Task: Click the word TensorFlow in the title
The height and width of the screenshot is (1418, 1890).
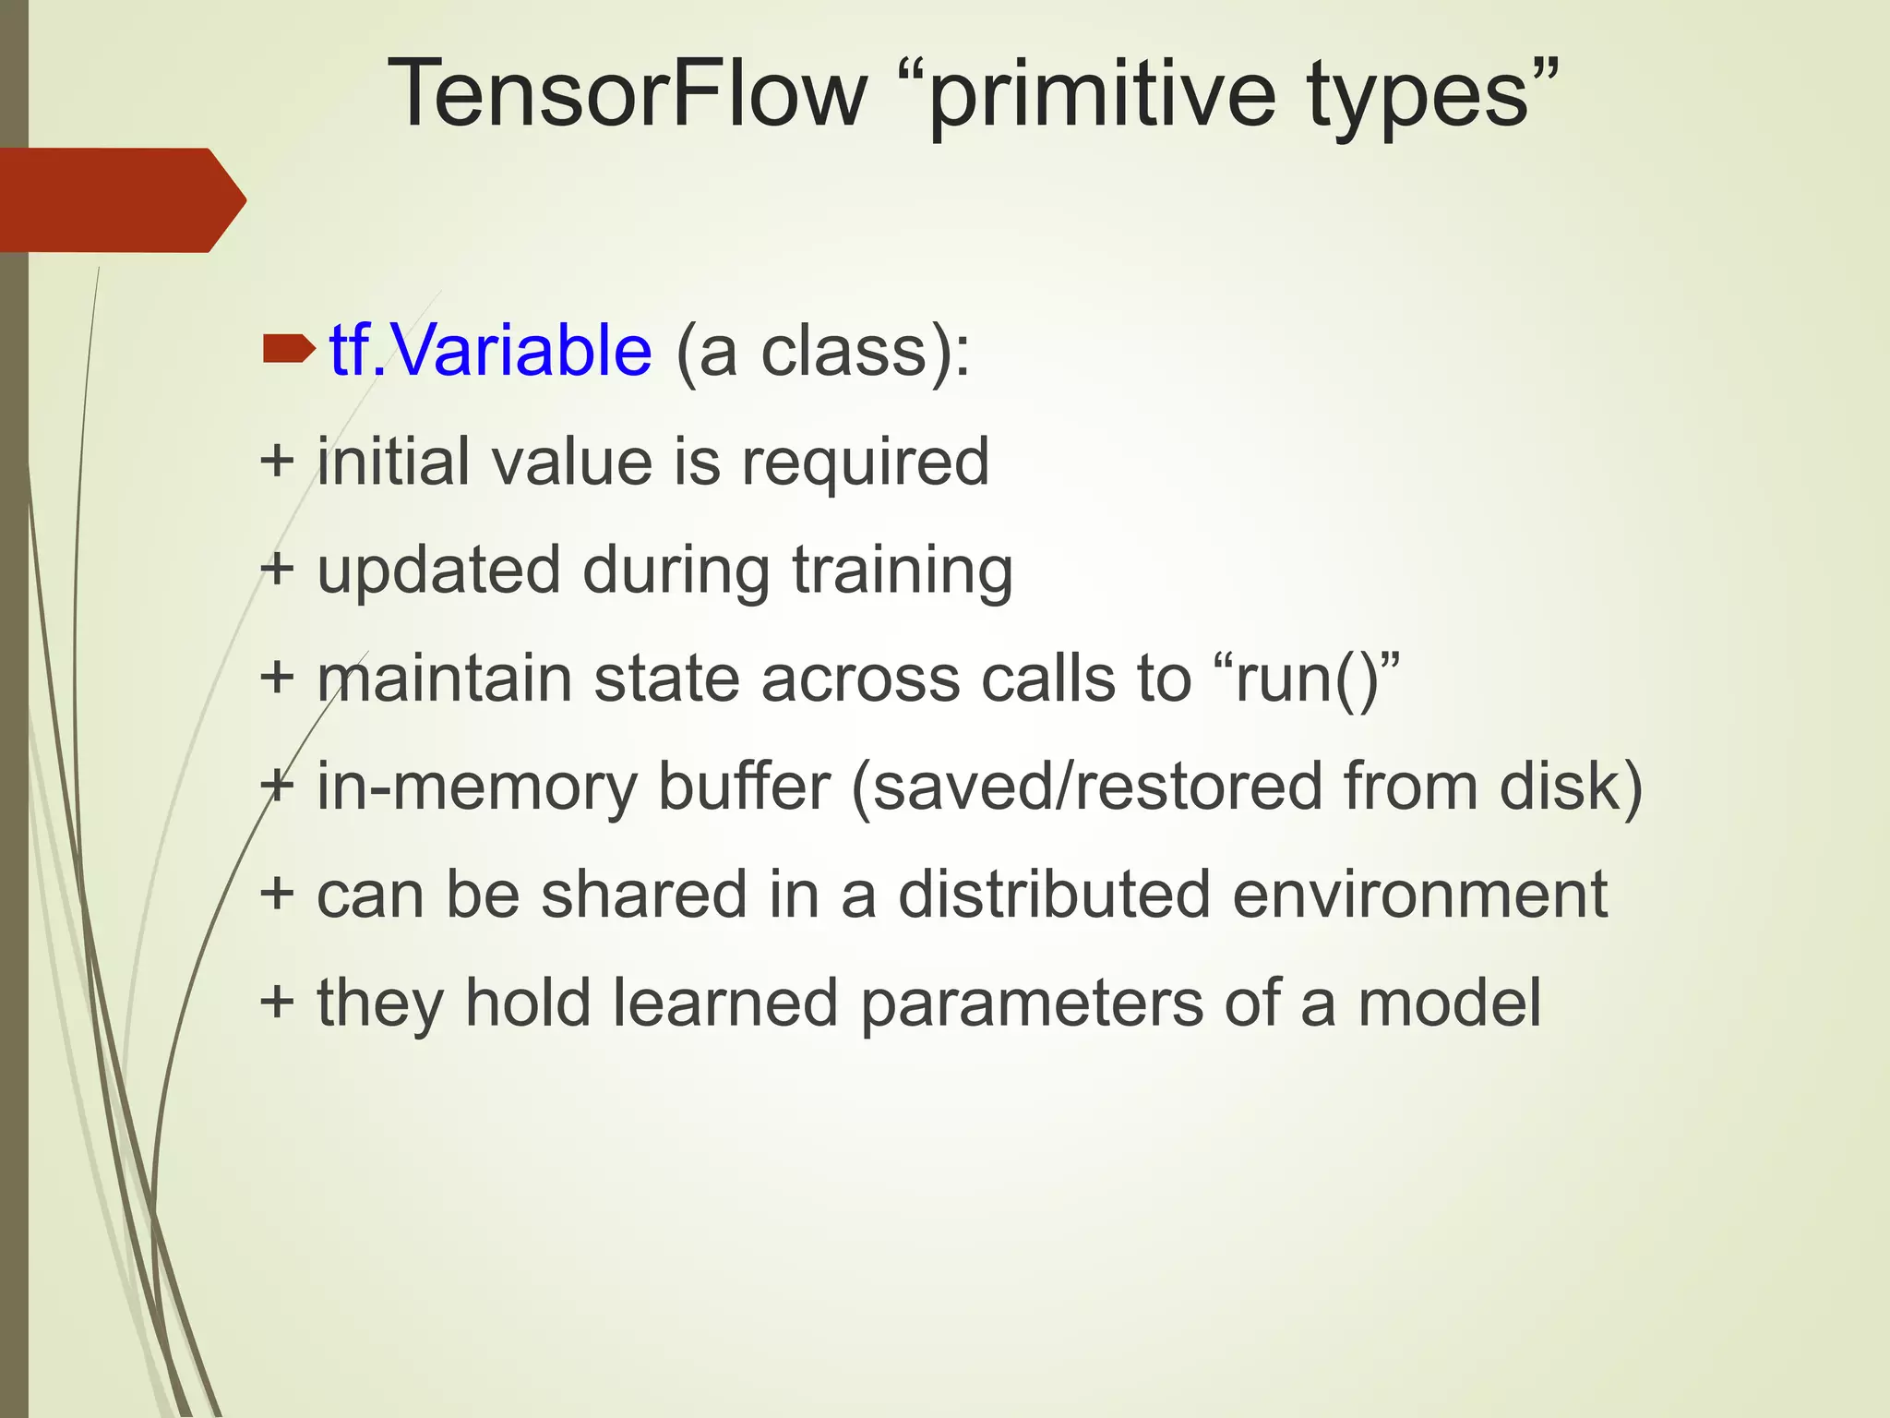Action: (x=628, y=94)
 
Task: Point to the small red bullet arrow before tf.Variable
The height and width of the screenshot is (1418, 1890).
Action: (x=288, y=349)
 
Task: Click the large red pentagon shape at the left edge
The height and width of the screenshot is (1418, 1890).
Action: (x=120, y=200)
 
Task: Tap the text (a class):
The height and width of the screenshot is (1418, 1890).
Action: (x=822, y=353)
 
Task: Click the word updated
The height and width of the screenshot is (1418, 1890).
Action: (x=438, y=571)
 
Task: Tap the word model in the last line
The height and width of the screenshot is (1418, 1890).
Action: (x=1449, y=1003)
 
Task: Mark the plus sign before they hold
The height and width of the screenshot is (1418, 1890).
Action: (x=277, y=1002)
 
